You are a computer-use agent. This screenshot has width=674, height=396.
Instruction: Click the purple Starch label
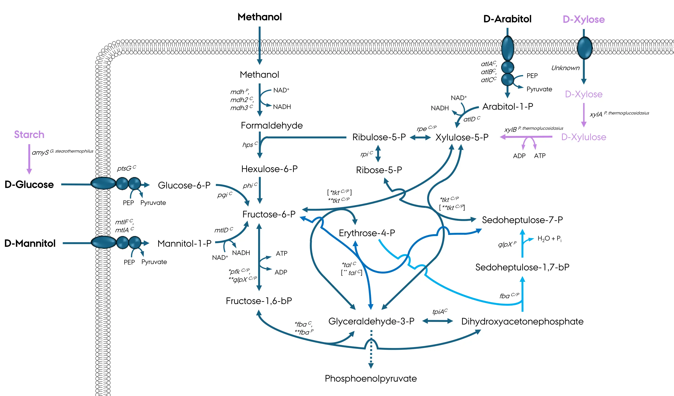point(29,135)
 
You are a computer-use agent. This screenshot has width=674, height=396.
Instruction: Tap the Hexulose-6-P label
point(269,169)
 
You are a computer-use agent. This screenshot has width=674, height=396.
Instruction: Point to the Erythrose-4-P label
point(367,233)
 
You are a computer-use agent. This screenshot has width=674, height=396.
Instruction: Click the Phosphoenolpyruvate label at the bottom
point(371,378)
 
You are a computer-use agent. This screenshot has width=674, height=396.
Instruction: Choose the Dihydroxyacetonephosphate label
point(522,322)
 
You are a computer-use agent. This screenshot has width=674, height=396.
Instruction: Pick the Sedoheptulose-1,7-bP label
point(522,267)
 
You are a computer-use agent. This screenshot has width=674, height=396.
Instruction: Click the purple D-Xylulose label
point(584,137)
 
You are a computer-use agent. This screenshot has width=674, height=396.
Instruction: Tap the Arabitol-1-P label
point(508,107)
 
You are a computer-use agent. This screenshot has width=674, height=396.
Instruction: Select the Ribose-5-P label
point(379,170)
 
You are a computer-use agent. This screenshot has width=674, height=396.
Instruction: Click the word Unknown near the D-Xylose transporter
point(565,68)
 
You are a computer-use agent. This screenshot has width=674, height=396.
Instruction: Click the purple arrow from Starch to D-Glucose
point(29,159)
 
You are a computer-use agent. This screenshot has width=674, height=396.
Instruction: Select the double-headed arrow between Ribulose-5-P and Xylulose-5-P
point(420,137)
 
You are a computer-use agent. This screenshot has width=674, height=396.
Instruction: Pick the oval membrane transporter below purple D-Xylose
point(584,48)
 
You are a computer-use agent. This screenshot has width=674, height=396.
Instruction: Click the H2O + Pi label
point(549,239)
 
